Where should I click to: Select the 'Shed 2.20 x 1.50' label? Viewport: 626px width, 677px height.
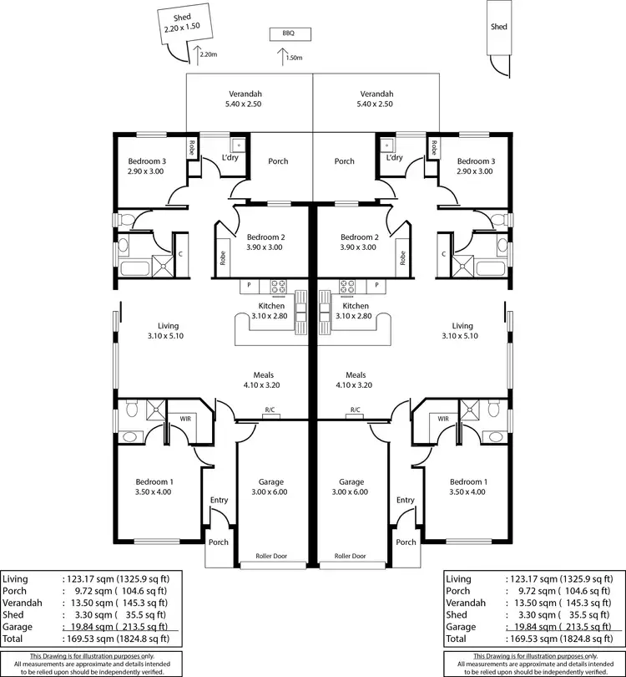click(182, 23)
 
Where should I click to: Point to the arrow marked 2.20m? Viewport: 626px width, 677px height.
click(198, 54)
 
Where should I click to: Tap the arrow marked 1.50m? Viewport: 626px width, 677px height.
click(280, 57)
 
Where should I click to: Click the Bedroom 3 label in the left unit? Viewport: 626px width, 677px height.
click(146, 165)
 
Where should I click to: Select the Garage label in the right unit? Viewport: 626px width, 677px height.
click(351, 487)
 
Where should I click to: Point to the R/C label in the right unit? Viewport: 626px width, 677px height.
click(355, 410)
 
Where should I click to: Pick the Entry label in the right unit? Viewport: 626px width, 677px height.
click(406, 500)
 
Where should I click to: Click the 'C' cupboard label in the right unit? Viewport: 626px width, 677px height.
click(443, 253)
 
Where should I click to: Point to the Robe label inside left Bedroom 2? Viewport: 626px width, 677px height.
click(223, 258)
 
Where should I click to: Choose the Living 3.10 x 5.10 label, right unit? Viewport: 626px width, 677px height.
click(462, 331)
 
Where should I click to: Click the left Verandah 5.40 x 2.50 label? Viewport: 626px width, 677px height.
click(248, 99)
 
